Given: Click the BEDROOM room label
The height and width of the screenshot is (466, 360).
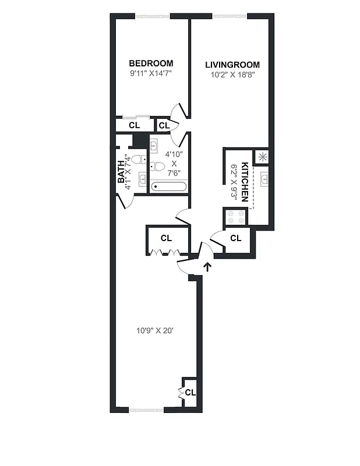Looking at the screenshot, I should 151,63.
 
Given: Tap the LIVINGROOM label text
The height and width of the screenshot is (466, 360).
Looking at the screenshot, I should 232,65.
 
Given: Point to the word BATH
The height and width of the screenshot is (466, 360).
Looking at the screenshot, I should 122,172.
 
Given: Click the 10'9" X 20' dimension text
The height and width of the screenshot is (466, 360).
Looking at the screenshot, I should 156,330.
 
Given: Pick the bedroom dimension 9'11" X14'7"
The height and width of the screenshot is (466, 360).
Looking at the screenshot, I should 151,74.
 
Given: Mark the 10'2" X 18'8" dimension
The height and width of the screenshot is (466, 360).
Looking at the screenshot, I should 232,75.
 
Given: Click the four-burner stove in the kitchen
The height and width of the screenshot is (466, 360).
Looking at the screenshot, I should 235,217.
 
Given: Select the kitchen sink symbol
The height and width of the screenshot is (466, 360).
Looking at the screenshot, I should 263,179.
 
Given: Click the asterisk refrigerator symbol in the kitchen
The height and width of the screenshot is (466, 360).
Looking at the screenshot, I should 262,156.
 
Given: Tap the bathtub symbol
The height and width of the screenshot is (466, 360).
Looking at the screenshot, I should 168,187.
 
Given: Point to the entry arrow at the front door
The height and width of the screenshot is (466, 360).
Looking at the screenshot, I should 207,267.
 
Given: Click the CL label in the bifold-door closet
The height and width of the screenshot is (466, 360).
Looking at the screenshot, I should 166,238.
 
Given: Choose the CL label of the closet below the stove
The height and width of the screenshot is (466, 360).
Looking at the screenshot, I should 236,238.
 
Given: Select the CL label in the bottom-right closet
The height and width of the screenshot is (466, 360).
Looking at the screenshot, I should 190,392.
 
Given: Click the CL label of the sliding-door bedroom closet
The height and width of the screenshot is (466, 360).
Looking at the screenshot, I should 134,125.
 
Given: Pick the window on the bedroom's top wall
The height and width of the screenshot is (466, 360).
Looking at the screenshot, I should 153,16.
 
